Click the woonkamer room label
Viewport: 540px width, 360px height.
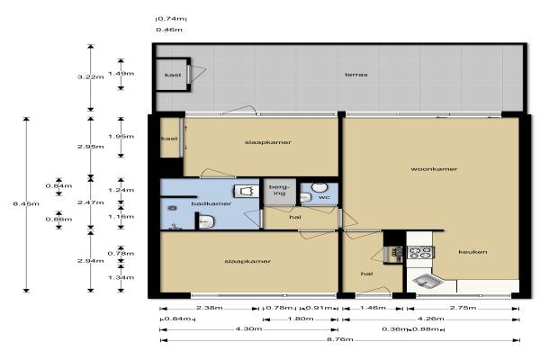(434, 169)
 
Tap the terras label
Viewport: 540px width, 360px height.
(356, 75)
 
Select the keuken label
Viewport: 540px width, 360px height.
(472, 252)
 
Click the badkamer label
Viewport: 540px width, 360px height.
(211, 203)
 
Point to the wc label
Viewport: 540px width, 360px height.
(324, 197)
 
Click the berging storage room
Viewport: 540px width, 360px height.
(279, 192)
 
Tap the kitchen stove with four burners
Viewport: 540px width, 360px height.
(419, 252)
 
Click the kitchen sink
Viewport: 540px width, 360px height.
(427, 281)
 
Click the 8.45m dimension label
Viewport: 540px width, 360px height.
(26, 203)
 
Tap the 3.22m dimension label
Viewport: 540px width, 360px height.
(91, 76)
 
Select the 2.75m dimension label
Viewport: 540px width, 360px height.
(463, 308)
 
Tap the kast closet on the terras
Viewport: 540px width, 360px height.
(173, 75)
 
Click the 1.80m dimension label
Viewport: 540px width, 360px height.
(301, 319)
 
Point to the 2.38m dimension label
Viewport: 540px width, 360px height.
(210, 308)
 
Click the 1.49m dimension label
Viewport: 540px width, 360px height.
(121, 74)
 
